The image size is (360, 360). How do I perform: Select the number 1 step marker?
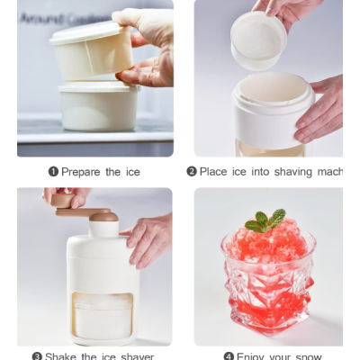pos(52,171)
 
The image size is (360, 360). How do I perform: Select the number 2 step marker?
pos(192,171)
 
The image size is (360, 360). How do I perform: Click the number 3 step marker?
pos(37,356)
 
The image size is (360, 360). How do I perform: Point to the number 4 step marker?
pos(229,356)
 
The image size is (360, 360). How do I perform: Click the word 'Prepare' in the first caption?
pos(82,171)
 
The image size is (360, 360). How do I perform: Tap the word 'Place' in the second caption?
pos(213,171)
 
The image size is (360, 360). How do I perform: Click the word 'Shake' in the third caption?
pos(61,356)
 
